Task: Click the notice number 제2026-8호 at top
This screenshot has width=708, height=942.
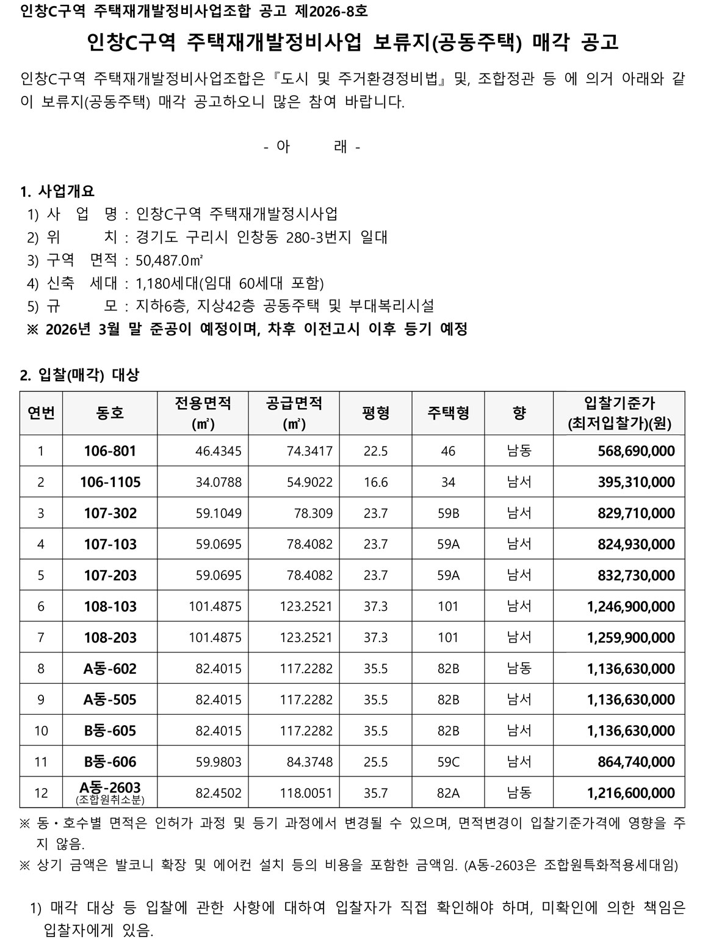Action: (x=333, y=11)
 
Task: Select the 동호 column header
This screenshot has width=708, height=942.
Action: (x=110, y=414)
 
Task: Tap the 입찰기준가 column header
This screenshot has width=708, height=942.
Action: (x=619, y=414)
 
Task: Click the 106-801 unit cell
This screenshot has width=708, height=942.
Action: (x=110, y=451)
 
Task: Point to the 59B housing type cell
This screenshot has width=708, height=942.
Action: (x=448, y=513)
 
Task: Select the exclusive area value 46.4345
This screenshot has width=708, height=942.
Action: (x=219, y=451)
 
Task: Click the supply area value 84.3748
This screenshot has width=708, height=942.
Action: (x=310, y=762)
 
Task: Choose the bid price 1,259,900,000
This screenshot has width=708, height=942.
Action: (x=630, y=638)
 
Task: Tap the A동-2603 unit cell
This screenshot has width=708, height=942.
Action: (x=110, y=787)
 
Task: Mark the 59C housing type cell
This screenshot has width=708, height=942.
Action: (x=448, y=762)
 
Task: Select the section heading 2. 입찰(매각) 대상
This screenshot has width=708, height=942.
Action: (x=79, y=375)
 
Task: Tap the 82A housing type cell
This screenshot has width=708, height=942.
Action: (x=448, y=793)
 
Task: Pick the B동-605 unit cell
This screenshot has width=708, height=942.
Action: (x=110, y=731)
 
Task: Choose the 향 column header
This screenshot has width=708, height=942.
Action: (x=519, y=414)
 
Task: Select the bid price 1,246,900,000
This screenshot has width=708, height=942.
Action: (x=630, y=607)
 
